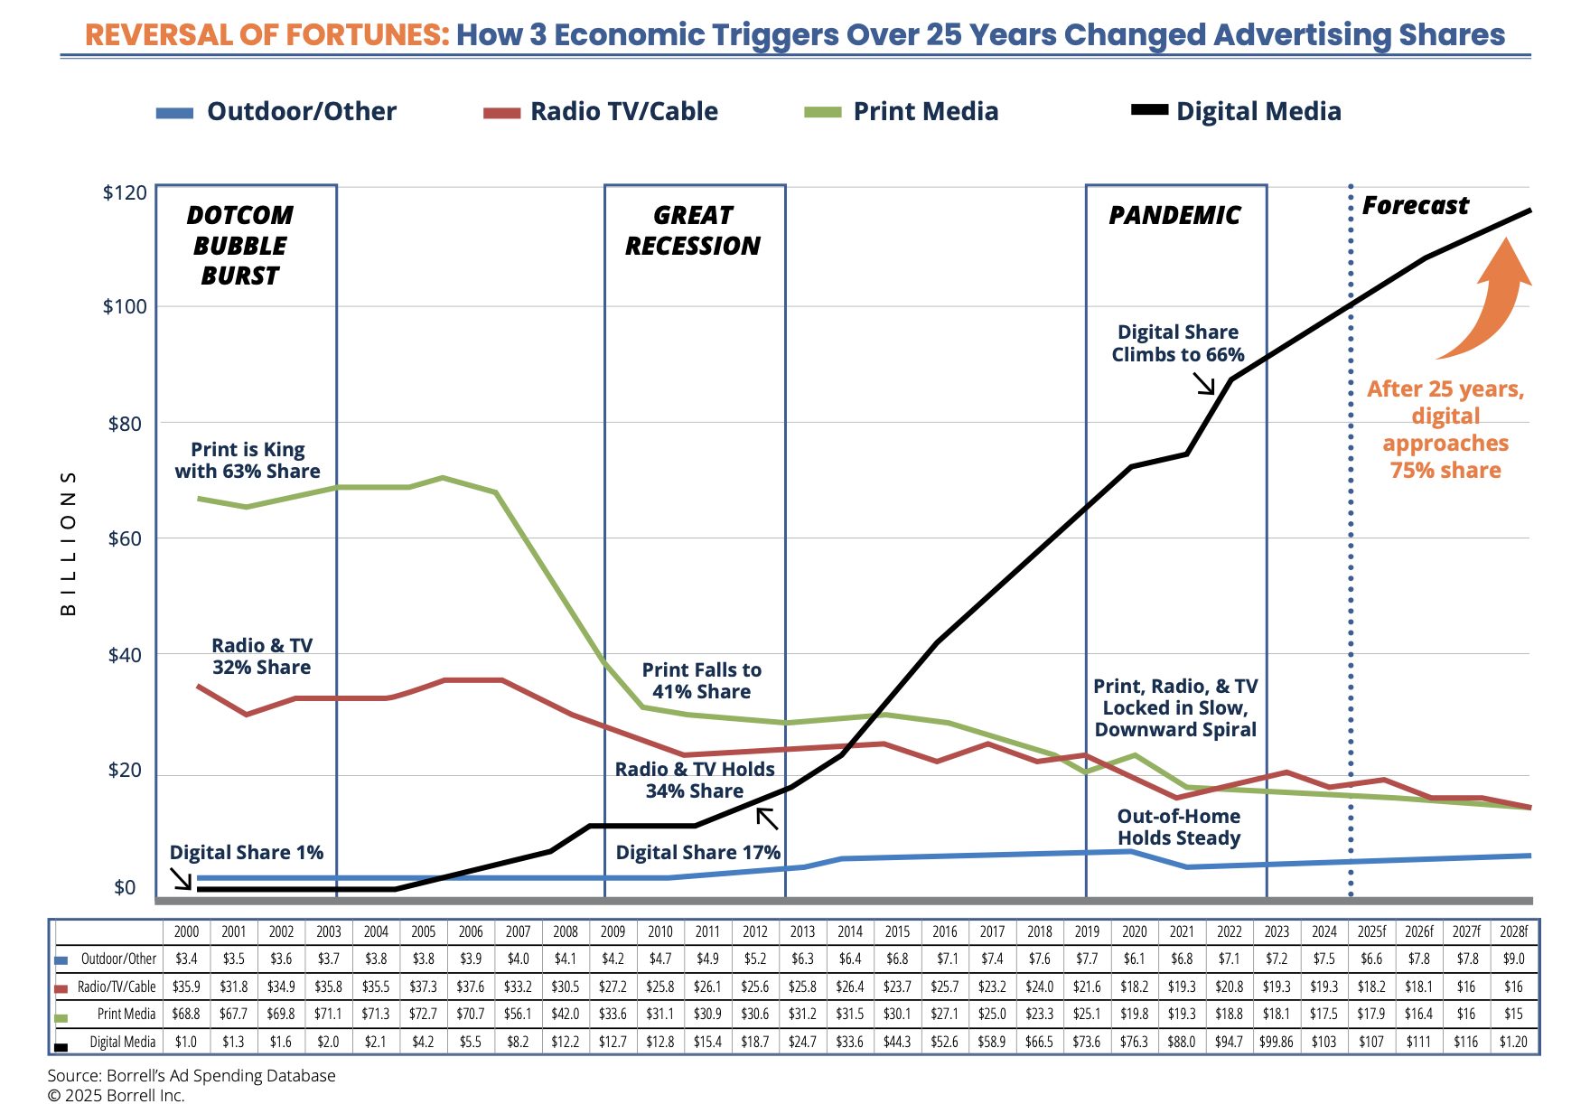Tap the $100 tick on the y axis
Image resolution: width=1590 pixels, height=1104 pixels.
(125, 306)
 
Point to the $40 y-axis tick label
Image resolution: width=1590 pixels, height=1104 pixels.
(125, 655)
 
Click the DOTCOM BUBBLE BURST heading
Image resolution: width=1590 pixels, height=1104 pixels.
(240, 246)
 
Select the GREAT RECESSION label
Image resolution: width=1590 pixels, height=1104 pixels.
(693, 230)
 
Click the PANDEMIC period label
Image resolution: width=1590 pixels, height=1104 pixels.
(1174, 215)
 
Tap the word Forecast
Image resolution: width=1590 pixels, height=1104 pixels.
(1415, 206)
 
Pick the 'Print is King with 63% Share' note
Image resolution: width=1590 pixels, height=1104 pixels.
(248, 460)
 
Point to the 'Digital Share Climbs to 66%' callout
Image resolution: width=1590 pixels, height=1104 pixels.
(1178, 343)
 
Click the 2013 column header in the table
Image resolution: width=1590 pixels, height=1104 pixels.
(802, 931)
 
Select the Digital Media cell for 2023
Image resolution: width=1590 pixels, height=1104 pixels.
(1277, 1042)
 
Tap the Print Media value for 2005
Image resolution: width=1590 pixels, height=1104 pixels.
(424, 1014)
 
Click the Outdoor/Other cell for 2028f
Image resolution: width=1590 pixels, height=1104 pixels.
(1513, 959)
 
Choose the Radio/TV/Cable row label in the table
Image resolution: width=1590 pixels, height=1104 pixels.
(116, 987)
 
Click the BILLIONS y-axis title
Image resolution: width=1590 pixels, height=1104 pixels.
(69, 542)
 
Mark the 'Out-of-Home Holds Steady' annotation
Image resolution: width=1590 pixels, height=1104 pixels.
(1179, 827)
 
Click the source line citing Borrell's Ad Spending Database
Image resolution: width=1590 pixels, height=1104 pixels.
(192, 1075)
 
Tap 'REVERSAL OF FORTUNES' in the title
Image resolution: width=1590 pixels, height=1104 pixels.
(267, 34)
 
